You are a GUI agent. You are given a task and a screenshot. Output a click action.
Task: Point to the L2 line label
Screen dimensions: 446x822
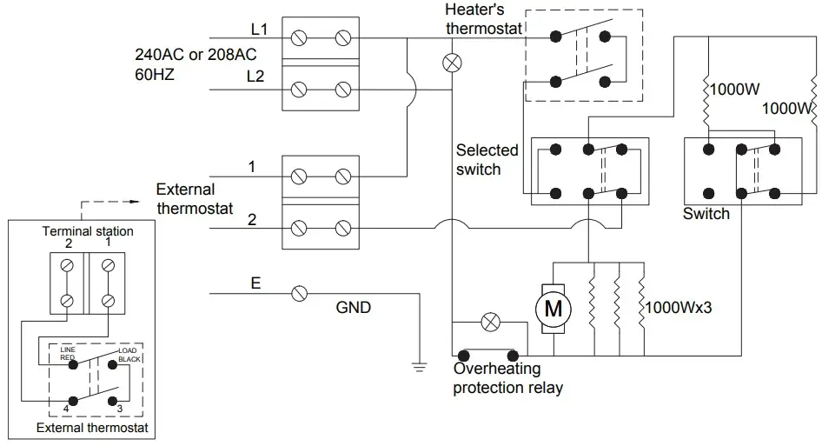coord(255,77)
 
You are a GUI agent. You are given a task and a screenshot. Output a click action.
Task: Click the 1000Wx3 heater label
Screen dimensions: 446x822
coord(679,307)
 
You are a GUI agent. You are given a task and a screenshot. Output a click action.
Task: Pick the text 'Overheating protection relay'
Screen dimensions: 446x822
coord(507,379)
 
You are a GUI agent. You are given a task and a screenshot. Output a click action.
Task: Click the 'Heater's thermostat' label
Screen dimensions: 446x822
coord(483,19)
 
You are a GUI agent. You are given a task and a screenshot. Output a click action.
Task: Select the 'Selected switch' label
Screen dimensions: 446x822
coord(487,160)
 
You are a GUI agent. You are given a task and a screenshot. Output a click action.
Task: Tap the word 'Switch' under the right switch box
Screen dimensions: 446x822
coord(706,214)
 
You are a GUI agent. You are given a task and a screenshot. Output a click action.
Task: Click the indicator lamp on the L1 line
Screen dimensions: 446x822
coord(452,62)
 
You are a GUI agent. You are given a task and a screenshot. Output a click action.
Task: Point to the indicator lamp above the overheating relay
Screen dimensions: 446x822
coord(490,322)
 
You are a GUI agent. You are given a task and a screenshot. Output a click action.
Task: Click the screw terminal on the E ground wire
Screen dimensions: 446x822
coord(300,294)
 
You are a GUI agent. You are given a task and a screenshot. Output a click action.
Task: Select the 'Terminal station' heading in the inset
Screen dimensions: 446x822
coord(88,231)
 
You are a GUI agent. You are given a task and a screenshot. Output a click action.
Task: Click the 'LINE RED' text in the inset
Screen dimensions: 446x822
coord(69,353)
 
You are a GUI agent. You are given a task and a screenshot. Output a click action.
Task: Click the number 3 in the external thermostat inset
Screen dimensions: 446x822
coord(120,408)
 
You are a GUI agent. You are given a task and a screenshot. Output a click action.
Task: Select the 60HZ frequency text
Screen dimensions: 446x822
coord(155,75)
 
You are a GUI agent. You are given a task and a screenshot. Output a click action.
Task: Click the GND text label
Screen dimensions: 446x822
coord(354,308)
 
